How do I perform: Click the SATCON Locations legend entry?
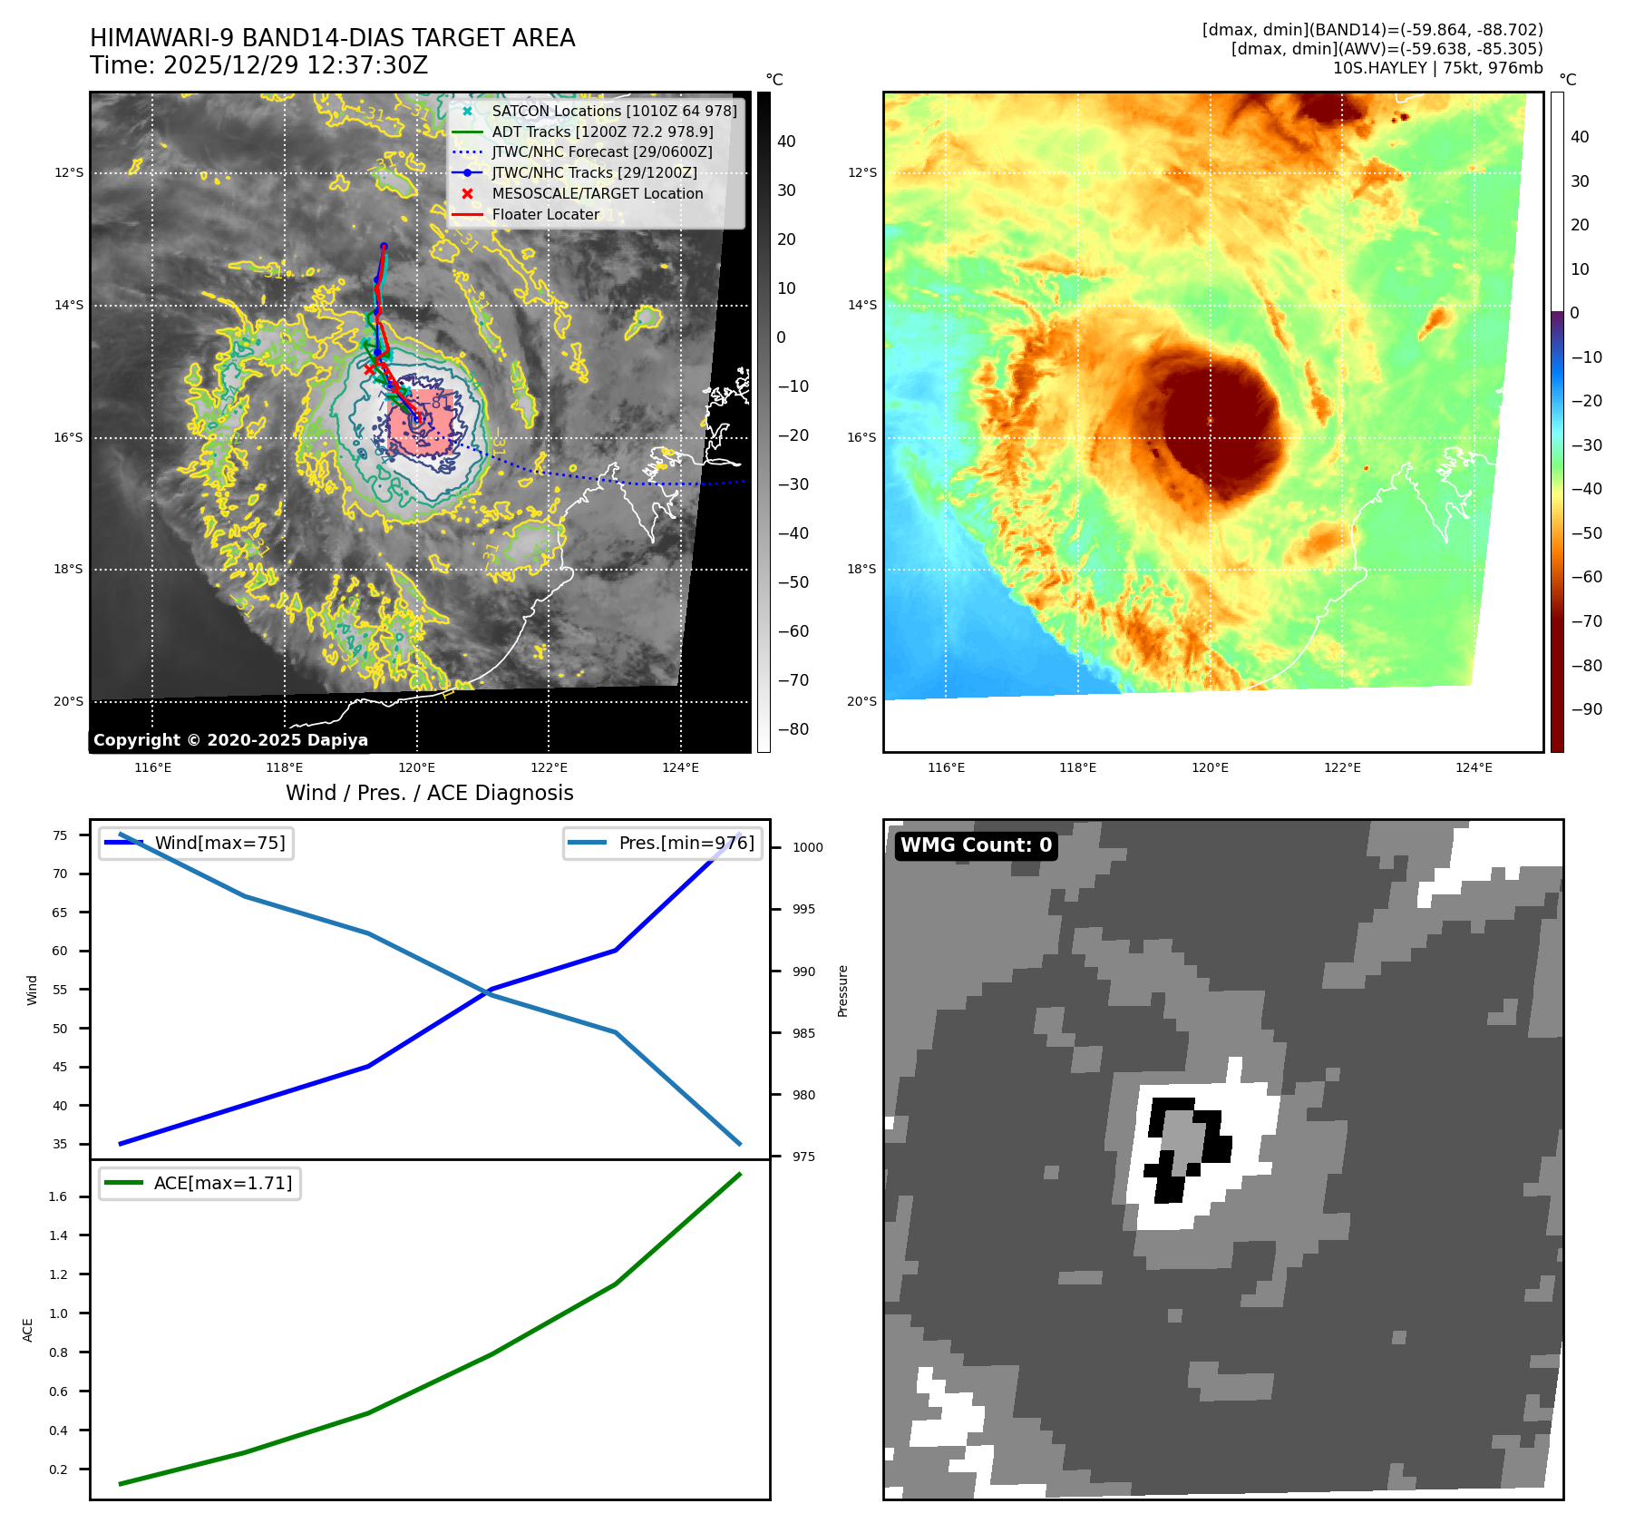coord(614,111)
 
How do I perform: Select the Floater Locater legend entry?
coord(545,215)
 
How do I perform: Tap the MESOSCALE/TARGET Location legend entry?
coord(597,194)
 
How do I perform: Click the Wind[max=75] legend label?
coord(219,844)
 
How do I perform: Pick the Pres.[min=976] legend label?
coord(686,844)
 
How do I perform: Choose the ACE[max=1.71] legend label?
coord(223,1184)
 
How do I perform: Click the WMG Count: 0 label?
coord(976,845)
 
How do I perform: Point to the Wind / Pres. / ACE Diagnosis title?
coord(429,794)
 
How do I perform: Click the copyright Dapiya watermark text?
coord(230,740)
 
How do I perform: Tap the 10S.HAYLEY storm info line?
coord(1437,68)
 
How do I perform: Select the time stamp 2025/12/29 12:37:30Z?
coord(258,66)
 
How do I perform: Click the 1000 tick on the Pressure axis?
coord(807,848)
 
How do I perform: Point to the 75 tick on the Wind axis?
coord(60,835)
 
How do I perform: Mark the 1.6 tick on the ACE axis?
coord(58,1197)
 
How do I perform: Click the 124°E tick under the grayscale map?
coord(680,768)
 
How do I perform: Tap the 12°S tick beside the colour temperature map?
coord(861,173)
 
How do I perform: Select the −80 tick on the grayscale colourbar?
coord(793,729)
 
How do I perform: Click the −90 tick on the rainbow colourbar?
coord(1586,709)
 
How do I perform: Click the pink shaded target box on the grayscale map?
coord(420,423)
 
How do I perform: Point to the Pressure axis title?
coord(842,991)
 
